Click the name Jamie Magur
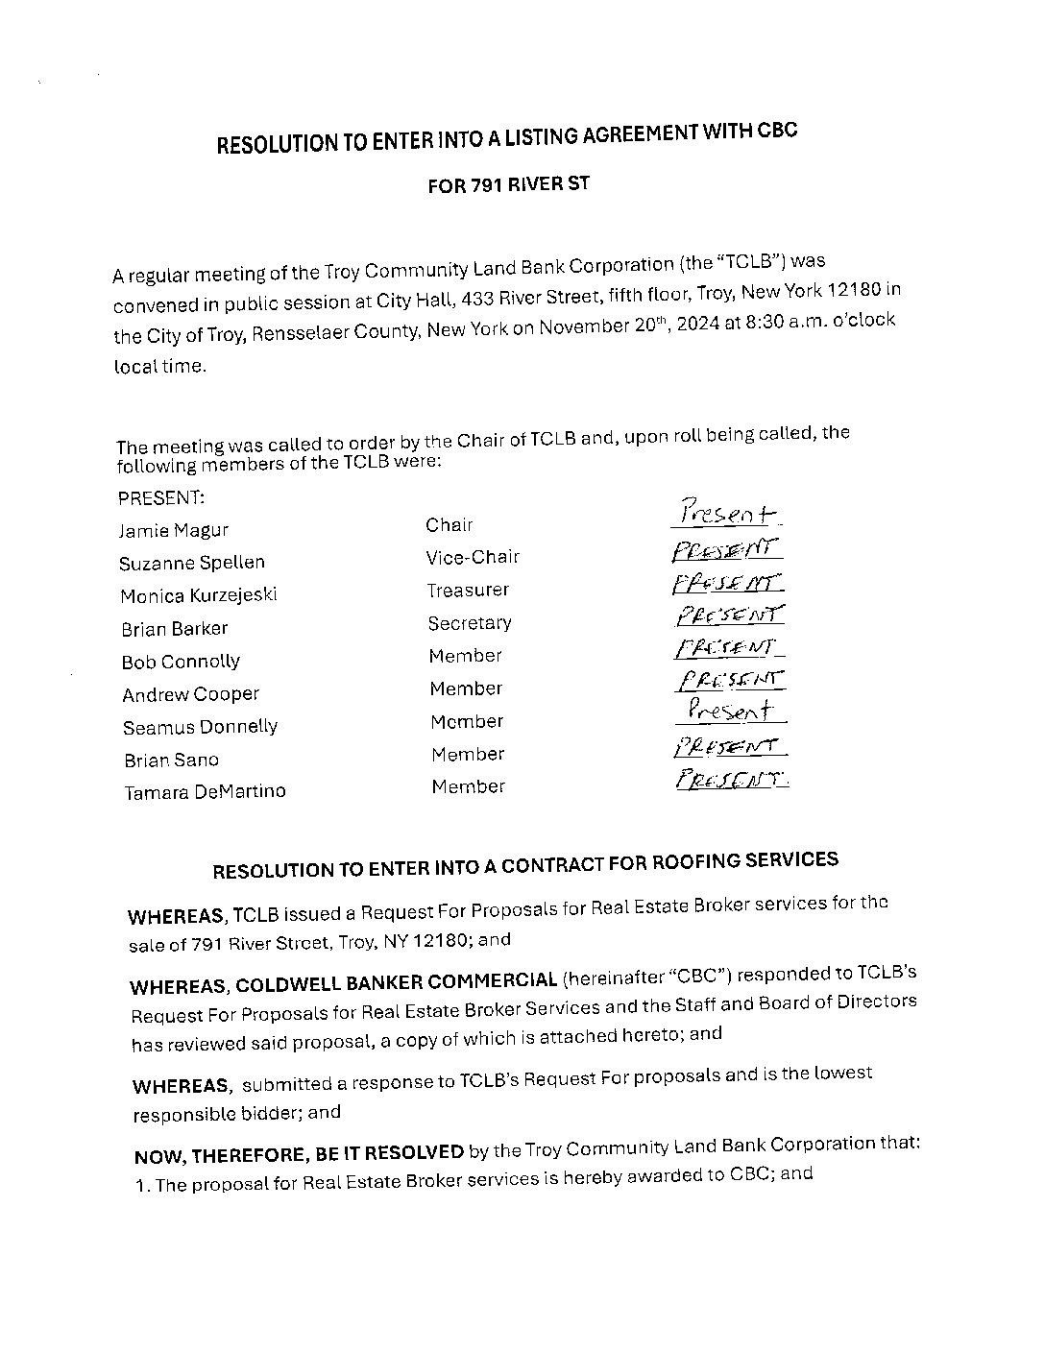pyautogui.click(x=174, y=530)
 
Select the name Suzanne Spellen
pyautogui.click(x=192, y=563)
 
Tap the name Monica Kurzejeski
pyautogui.click(x=199, y=595)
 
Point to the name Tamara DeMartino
pyautogui.click(x=205, y=792)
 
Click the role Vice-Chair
pyautogui.click(x=473, y=557)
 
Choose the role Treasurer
pyautogui.click(x=468, y=590)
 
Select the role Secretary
pyautogui.click(x=470, y=623)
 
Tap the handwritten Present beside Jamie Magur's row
pyautogui.click(x=727, y=514)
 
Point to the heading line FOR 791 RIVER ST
pyautogui.click(x=508, y=184)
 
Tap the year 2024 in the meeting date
pyautogui.click(x=698, y=325)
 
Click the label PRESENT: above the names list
pyautogui.click(x=160, y=497)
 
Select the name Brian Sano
pyautogui.click(x=171, y=760)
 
